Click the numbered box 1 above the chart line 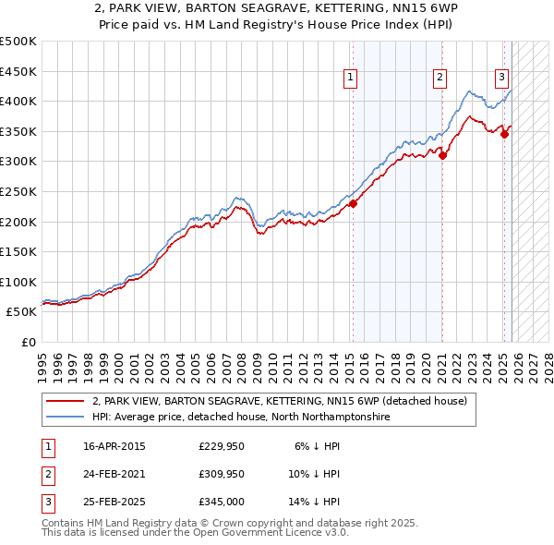[x=352, y=79]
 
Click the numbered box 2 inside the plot [x=440, y=79]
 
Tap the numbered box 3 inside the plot [x=501, y=79]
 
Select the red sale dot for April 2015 [x=353, y=204]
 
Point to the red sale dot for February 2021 [x=442, y=155]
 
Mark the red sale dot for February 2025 [x=505, y=134]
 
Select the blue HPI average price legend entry [x=240, y=418]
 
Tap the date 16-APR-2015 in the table [x=114, y=446]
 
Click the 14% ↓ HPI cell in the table [x=314, y=502]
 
